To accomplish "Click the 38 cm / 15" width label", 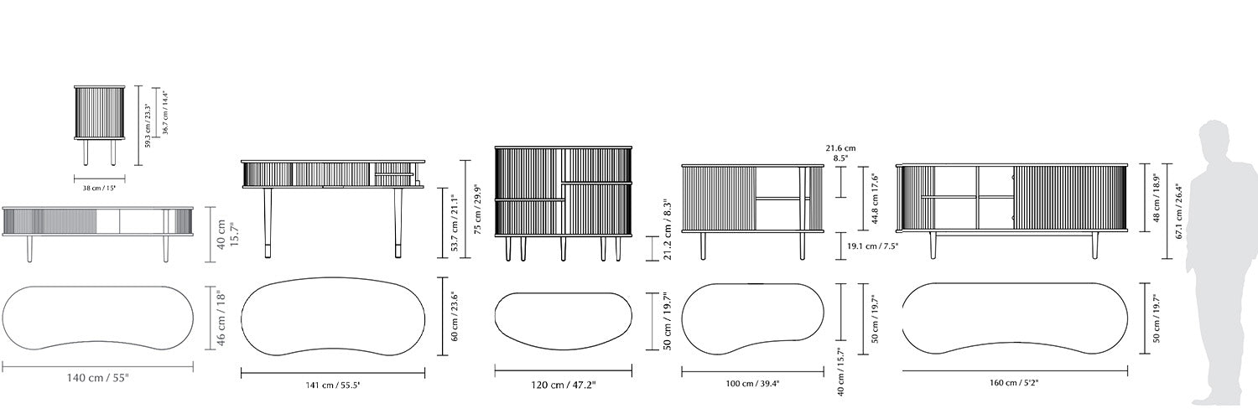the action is pos(100,189).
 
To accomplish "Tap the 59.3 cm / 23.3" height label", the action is pos(148,126).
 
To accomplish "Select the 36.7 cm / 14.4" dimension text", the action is pos(165,113).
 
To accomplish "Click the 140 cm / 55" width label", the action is pos(98,378).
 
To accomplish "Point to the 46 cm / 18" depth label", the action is pos(221,318).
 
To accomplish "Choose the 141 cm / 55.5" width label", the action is pos(333,385).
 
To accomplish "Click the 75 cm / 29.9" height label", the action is pos(478,209).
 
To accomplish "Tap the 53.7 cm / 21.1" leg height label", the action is pos(455,223).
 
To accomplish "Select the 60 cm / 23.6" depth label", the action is pos(455,316).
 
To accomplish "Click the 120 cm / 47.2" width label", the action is pos(564,385).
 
